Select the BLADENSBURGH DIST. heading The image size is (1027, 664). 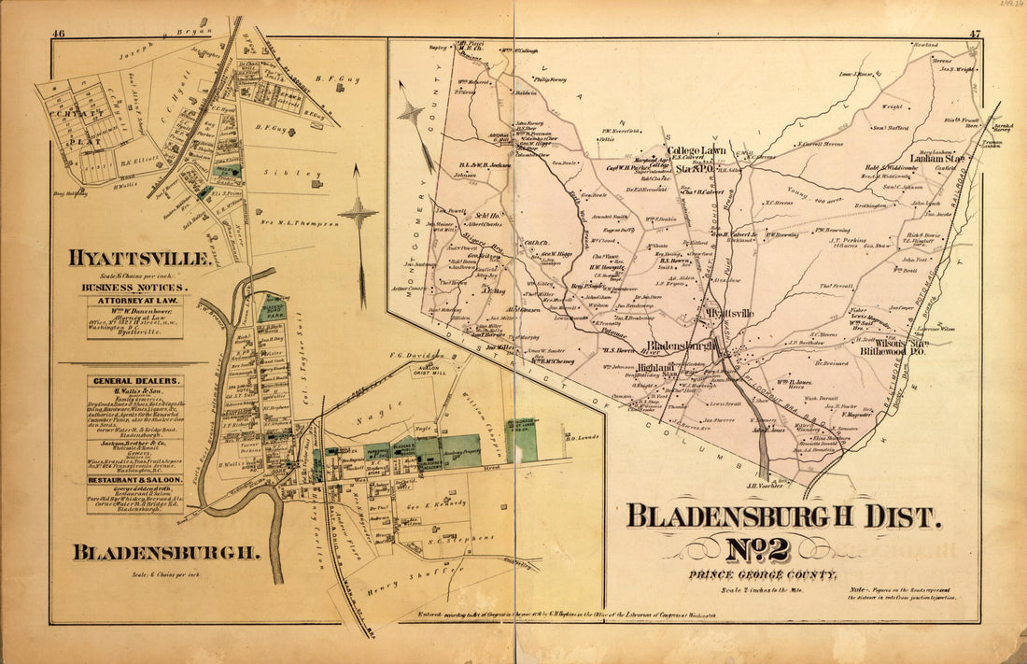tap(784, 515)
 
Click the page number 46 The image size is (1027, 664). tap(59, 35)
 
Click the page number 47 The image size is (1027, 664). tap(975, 35)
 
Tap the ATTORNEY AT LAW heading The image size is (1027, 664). tap(135, 302)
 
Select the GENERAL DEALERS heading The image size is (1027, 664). tap(135, 381)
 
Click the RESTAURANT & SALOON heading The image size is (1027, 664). tap(135, 479)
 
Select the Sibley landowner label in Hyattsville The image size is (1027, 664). tap(319, 173)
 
